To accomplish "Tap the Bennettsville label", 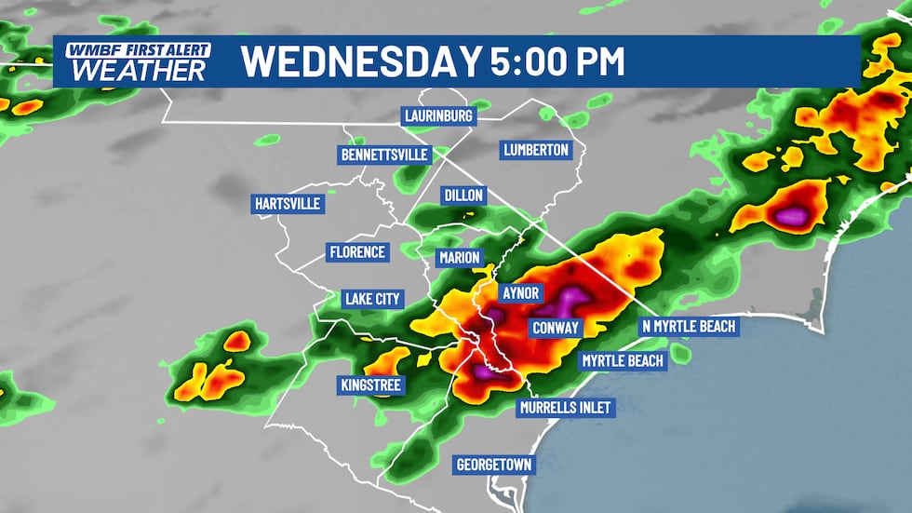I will [384, 155].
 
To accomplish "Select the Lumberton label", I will [535, 150].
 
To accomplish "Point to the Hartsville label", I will [287, 203].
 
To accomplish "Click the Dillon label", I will [464, 195].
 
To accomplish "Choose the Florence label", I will [356, 252].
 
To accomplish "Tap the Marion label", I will [460, 258].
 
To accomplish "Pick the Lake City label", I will [371, 299].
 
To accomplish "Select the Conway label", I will [556, 328].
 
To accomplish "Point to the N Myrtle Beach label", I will [689, 327].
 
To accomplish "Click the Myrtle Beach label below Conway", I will [623, 360].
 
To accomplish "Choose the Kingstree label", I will [371, 384].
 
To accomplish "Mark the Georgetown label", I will [494, 464].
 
